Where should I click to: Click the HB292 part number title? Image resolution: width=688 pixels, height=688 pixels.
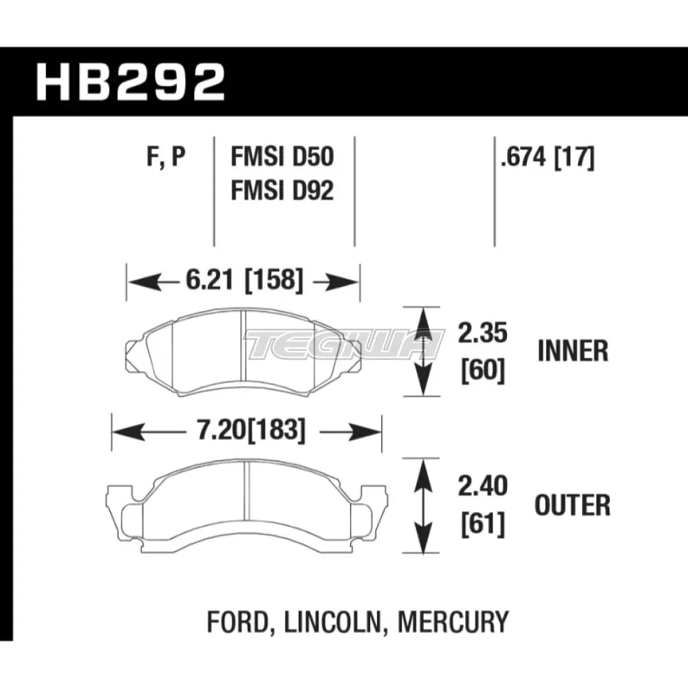130,83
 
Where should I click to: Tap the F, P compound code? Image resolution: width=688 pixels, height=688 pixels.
166,157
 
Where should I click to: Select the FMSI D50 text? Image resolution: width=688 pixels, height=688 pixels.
282,157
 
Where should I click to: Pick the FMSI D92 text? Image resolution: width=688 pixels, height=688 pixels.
282,191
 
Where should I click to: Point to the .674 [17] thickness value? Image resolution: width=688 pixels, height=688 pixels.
548,157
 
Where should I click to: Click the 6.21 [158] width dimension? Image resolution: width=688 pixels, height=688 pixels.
244,280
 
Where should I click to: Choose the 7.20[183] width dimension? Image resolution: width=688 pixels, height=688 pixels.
251,430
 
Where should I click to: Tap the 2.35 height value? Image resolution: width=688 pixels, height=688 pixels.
483,333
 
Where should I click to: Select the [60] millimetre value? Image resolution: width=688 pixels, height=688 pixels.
483,371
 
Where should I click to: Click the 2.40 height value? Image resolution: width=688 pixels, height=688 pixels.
483,486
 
